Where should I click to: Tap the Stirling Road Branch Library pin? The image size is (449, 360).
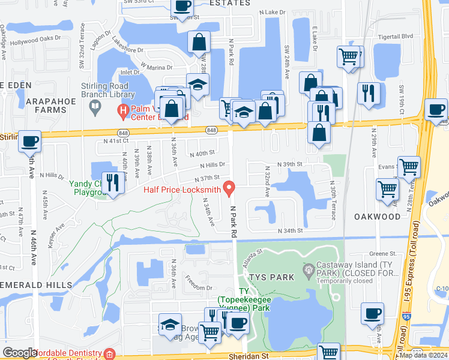pos(95,107)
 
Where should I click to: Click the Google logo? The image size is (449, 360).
pos(20,353)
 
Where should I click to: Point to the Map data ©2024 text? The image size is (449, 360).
pos(424,355)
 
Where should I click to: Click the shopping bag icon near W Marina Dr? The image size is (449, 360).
pos(198,43)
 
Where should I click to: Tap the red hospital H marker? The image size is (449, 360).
pos(122,110)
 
